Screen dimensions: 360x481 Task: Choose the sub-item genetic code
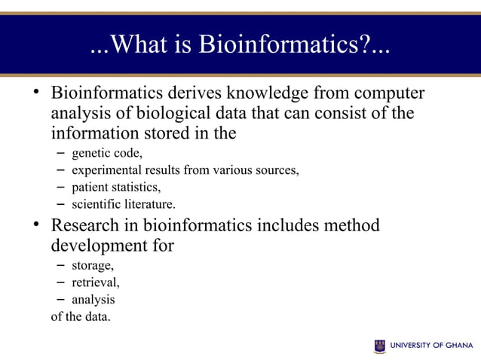pyautogui.click(x=107, y=153)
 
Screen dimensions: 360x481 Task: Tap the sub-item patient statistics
pyautogui.click(x=116, y=187)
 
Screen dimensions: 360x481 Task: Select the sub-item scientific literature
pyautogui.click(x=124, y=204)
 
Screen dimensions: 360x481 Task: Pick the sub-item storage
pyautogui.click(x=93, y=266)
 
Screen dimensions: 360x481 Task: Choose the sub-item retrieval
pyautogui.click(x=95, y=283)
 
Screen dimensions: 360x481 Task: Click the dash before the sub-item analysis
pyautogui.click(x=60, y=300)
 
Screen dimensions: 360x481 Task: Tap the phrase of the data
pyautogui.click(x=81, y=316)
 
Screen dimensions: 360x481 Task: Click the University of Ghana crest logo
pyautogui.click(x=379, y=346)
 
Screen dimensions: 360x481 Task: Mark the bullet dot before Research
pyautogui.click(x=35, y=224)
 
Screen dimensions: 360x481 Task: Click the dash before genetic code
pyautogui.click(x=60, y=153)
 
